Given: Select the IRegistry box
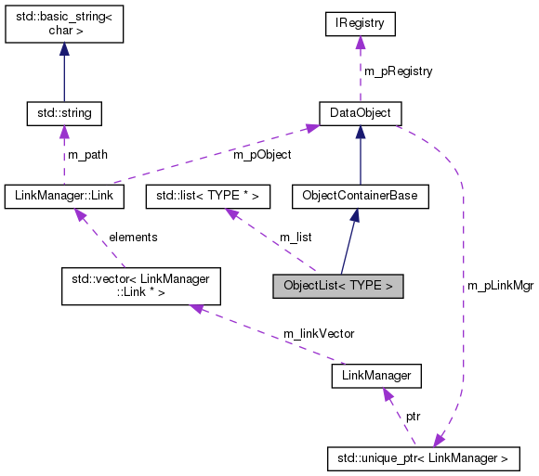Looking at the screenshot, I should [x=359, y=23].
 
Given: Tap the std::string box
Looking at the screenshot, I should [x=63, y=113].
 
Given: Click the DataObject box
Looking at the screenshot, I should [x=360, y=113].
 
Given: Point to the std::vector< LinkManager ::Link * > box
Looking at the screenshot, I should [x=140, y=286].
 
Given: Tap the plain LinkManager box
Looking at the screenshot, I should [x=376, y=376].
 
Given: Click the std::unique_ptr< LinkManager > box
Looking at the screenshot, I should [x=423, y=458].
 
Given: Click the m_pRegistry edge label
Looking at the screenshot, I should [x=397, y=71].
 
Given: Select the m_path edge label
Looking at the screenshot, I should [x=87, y=154].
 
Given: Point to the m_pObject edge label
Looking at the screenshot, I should [x=262, y=154].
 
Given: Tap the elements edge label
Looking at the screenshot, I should [x=133, y=237].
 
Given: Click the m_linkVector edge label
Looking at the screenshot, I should [x=319, y=333].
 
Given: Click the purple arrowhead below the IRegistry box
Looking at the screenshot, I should [x=359, y=45].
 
